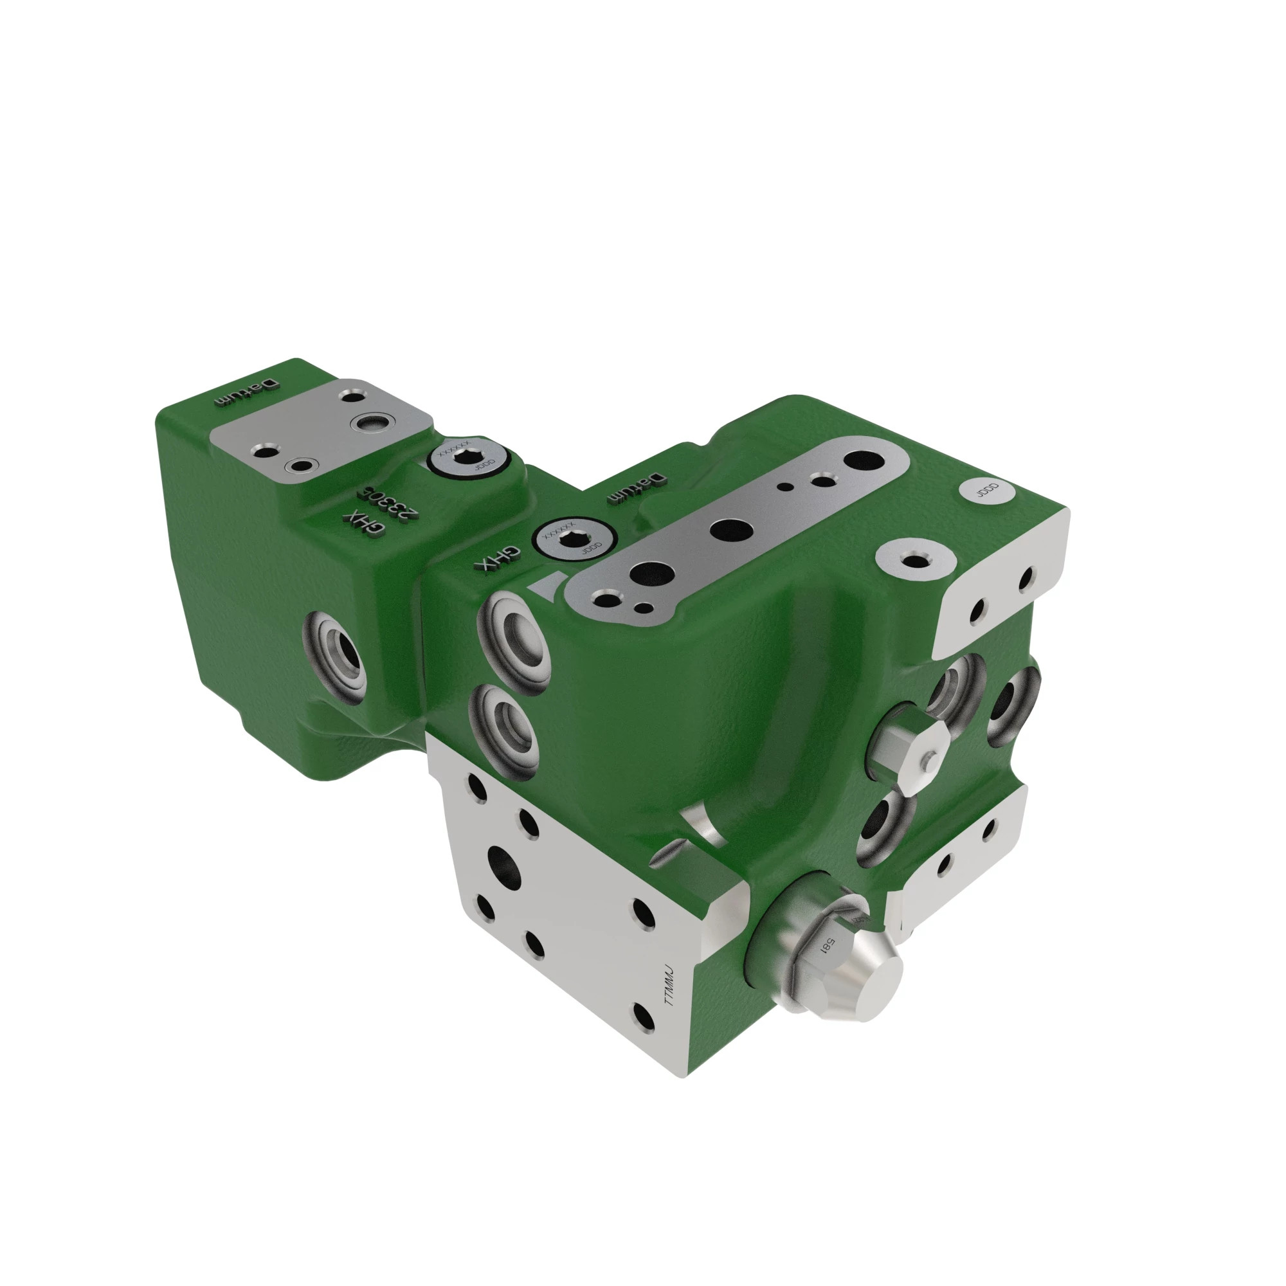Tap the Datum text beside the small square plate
(x=244, y=393)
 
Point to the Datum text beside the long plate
(x=635, y=488)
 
